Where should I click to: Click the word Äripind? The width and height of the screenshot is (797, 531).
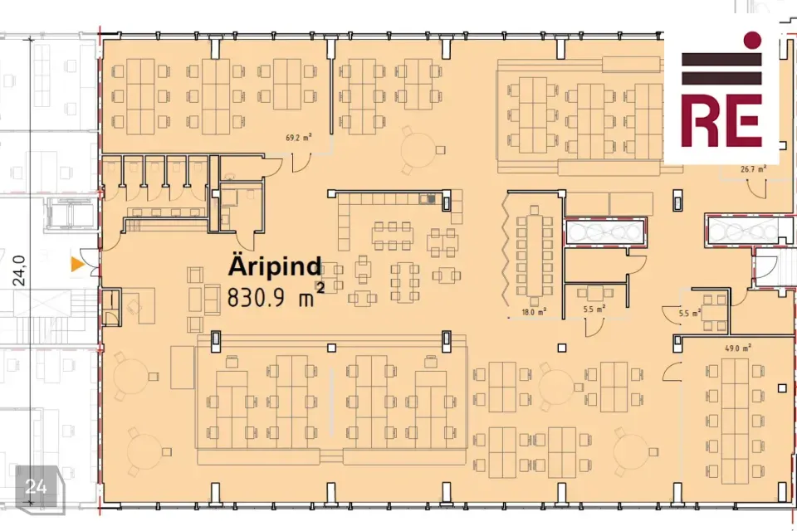[275, 265]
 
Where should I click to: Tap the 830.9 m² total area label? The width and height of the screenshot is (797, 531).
[276, 297]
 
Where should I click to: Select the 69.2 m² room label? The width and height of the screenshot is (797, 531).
[298, 137]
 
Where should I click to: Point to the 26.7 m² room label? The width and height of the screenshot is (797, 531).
[753, 168]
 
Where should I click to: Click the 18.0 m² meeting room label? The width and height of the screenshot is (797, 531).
[534, 311]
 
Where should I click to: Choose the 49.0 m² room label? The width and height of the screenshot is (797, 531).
[738, 348]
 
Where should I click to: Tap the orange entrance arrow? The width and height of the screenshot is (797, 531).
[77, 264]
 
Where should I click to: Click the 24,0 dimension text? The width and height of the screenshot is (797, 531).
[19, 270]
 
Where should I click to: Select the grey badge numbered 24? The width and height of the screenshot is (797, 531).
[37, 486]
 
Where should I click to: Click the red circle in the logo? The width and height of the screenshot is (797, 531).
[752, 40]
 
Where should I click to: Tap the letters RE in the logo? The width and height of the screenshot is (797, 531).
[721, 121]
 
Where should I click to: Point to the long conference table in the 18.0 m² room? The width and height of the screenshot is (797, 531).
[534, 256]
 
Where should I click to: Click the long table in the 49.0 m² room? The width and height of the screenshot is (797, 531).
[735, 421]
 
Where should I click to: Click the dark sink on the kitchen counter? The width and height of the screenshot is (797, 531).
[428, 198]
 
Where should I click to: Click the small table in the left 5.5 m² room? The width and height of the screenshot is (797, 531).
[594, 293]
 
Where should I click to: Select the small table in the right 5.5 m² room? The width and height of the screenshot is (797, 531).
[715, 313]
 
